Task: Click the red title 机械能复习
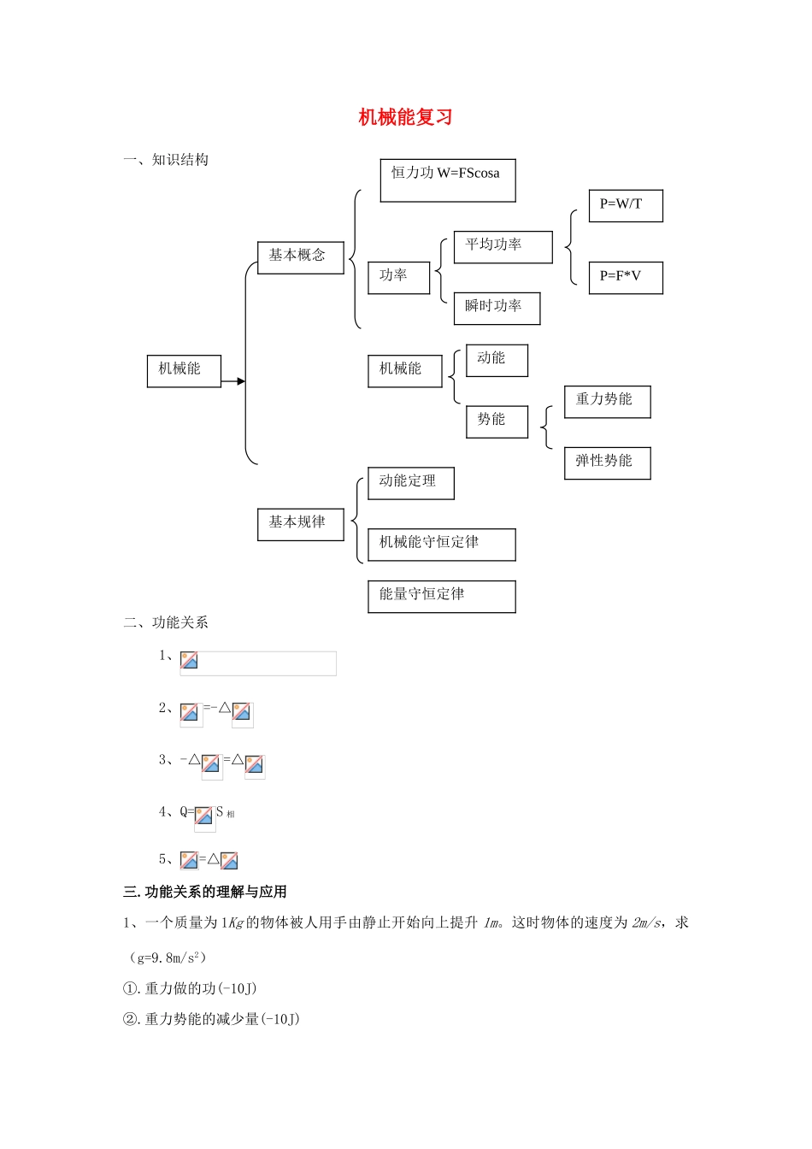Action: coord(405,117)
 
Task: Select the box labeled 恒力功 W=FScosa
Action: coord(447,180)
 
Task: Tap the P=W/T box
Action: coord(625,206)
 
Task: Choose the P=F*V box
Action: coord(625,278)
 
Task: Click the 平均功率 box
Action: coord(503,247)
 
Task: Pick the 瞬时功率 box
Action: coord(497,309)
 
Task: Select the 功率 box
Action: coord(398,278)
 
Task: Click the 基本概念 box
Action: coord(300,257)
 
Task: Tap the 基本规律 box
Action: coord(300,524)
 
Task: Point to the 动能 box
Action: coord(497,360)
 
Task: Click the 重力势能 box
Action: coord(607,402)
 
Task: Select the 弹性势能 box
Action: coord(607,463)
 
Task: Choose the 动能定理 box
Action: coord(410,483)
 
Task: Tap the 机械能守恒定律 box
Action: coord(441,545)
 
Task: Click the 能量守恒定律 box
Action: coord(441,596)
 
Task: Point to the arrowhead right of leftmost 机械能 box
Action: coord(241,381)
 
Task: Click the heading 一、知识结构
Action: coord(166,160)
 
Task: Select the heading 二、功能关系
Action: coord(166,622)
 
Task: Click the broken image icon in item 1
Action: coord(189,661)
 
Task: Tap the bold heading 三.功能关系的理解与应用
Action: coord(205,892)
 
